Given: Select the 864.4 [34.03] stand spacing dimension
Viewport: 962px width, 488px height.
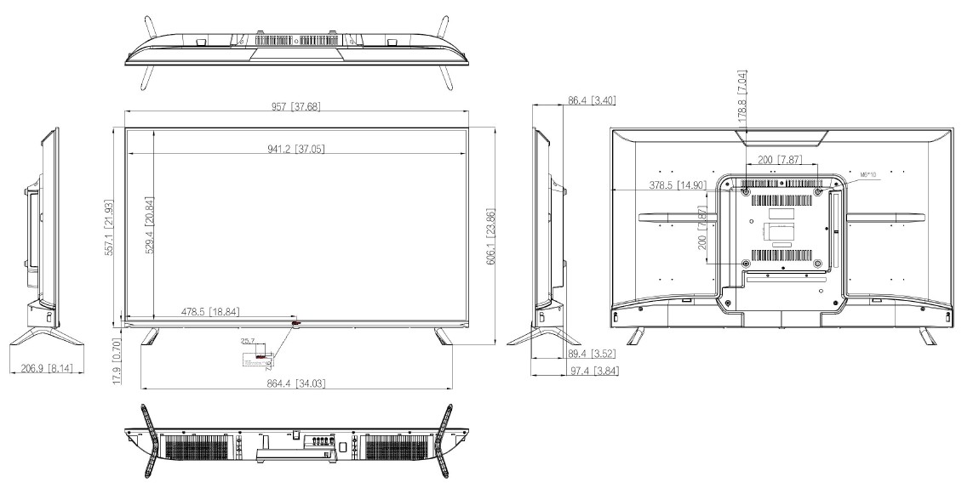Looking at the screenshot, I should (x=295, y=384).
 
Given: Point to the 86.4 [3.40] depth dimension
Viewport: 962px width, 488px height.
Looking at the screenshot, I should (x=592, y=101).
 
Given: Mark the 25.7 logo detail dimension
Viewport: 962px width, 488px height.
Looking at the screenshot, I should (x=248, y=342).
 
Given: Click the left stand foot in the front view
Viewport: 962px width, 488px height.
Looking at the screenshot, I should (x=150, y=335).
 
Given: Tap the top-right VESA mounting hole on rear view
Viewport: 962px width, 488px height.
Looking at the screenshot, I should (x=818, y=192).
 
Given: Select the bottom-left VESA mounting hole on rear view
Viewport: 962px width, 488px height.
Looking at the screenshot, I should (x=747, y=263).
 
